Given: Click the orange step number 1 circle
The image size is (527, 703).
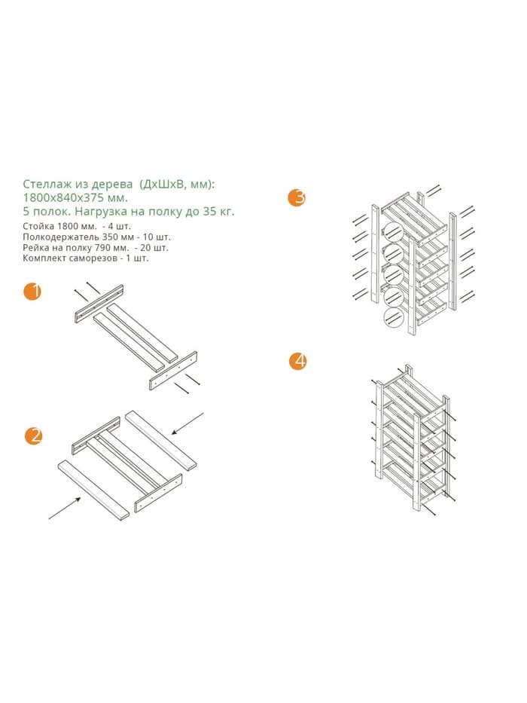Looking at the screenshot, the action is click(x=32, y=292).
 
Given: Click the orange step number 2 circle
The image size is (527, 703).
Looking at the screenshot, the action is click(x=34, y=436).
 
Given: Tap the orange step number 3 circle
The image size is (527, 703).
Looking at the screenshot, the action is click(x=297, y=197).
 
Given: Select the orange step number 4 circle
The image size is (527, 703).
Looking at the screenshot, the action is click(x=298, y=361).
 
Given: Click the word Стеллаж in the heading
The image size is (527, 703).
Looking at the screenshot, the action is click(x=44, y=184).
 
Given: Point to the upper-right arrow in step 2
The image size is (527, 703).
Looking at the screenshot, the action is click(x=187, y=423).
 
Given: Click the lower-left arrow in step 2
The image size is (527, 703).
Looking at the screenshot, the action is click(x=65, y=508).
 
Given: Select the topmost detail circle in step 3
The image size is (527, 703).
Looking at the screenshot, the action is click(x=391, y=232).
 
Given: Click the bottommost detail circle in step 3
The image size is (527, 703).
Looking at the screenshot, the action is click(x=393, y=318).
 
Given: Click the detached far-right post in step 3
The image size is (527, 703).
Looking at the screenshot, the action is click(x=452, y=261).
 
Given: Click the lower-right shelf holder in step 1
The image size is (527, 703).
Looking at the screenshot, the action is click(x=173, y=371).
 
